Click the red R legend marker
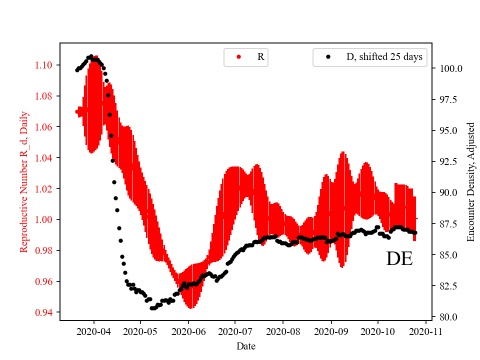(238, 57)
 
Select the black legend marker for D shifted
(328, 57)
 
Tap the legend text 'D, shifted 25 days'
(384, 57)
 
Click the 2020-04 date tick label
(93, 331)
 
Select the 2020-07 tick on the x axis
(235, 331)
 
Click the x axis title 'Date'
(245, 346)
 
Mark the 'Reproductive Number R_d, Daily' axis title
(23, 182)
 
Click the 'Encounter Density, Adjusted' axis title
(470, 182)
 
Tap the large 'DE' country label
(399, 259)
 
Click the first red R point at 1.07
(77, 111)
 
